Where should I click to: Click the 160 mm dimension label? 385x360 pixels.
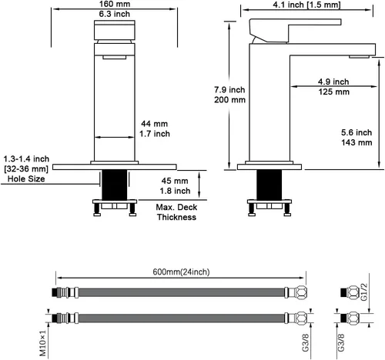click(115, 4)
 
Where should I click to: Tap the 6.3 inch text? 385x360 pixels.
click(115, 14)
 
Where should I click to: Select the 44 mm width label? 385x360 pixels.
click(154, 124)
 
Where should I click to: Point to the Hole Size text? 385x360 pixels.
click(26, 178)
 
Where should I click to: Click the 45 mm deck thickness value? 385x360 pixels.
click(175, 181)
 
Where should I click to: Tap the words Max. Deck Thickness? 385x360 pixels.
click(176, 212)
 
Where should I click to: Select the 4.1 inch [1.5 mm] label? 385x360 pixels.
click(306, 5)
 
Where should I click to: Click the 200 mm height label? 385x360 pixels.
click(229, 100)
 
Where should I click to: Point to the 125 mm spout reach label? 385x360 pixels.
click(334, 92)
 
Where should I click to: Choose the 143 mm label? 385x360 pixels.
click(357, 142)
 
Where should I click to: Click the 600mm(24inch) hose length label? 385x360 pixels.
click(181, 272)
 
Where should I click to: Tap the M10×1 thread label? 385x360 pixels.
click(43, 343)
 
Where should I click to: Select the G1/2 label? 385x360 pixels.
click(364, 292)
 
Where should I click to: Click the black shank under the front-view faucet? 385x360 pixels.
click(115, 185)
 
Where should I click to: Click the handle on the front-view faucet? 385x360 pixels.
click(115, 30)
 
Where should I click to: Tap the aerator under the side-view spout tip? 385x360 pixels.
click(359, 57)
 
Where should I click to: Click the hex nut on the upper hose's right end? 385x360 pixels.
click(300, 292)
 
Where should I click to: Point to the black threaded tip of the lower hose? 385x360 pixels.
click(54, 318)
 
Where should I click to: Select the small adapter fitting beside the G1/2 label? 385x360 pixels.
click(350, 292)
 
